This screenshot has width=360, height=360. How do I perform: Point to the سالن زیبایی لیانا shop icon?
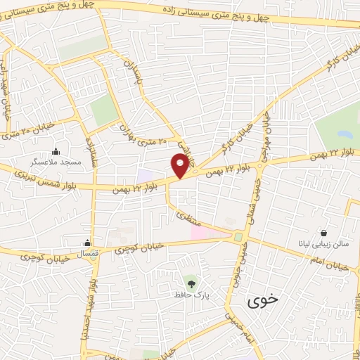coord(323,232)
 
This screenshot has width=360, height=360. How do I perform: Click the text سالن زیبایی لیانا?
coord(323,245)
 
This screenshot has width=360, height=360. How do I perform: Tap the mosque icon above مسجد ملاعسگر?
coord(56,150)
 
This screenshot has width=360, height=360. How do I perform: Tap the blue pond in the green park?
coord(344,134)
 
